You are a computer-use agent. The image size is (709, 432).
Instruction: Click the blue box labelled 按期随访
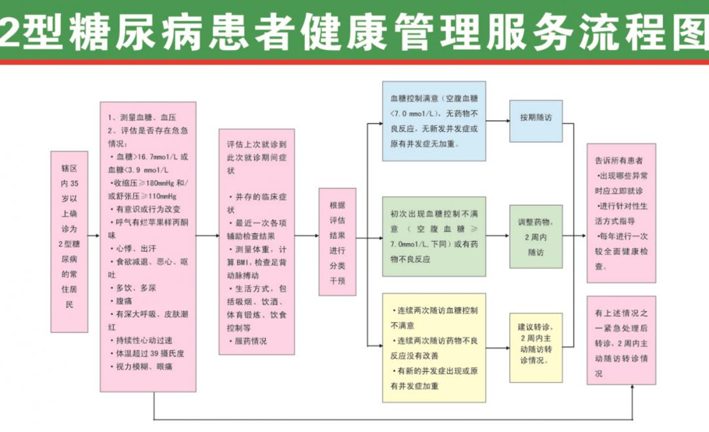pyautogui.click(x=536, y=121)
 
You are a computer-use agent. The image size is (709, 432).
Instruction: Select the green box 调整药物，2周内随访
pyautogui.click(x=536, y=236)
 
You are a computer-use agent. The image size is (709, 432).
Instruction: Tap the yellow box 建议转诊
pyautogui.click(x=536, y=347)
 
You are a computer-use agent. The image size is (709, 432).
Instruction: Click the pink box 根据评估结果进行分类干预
pyautogui.click(x=337, y=242)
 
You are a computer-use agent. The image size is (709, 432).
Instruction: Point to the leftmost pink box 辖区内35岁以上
pyautogui.click(x=69, y=242)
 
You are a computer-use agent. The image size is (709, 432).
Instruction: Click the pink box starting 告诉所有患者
pyautogui.click(x=621, y=213)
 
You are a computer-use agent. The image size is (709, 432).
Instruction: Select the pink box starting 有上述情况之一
pyautogui.click(x=621, y=340)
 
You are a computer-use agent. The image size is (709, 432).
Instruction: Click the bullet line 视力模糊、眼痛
pyautogui.click(x=141, y=366)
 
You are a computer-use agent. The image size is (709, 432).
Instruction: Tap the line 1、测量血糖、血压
pyautogui.click(x=142, y=117)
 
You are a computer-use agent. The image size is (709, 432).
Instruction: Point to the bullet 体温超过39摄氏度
pyautogui.click(x=147, y=353)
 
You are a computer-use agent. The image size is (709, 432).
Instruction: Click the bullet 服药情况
pyautogui.click(x=247, y=341)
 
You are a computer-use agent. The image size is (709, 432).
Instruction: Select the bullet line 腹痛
pyautogui.click(x=121, y=301)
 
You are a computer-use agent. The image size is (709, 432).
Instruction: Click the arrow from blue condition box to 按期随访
pyautogui.click(x=498, y=121)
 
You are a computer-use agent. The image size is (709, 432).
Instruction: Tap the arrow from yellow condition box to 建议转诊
pyautogui.click(x=498, y=348)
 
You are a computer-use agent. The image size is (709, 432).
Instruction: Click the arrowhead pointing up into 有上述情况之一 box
pyautogui.click(x=632, y=387)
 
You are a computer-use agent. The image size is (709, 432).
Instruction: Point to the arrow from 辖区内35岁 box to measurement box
pyautogui.click(x=94, y=236)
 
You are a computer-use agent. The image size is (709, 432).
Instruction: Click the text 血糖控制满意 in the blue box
pyautogui.click(x=414, y=98)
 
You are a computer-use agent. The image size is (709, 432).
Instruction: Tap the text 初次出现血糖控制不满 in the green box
pyautogui.click(x=434, y=213)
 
